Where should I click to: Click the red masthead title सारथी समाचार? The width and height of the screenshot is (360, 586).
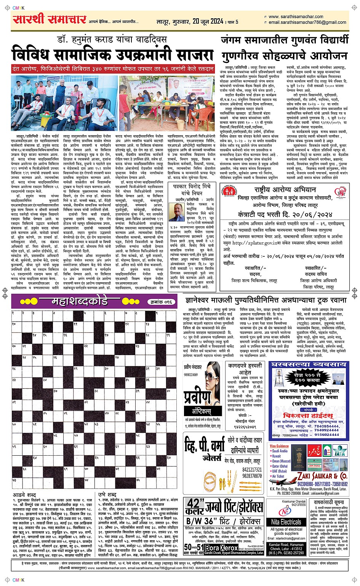coord(50,19)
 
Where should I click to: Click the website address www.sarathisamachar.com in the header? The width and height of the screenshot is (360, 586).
coord(296,17)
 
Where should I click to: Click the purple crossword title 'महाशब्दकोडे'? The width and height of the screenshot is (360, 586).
coord(80,302)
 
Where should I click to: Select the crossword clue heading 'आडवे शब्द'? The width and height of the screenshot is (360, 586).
coord(24,495)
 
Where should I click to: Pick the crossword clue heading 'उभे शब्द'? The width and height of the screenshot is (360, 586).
coord(107,495)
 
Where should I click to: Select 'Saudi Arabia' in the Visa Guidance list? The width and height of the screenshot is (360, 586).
coord(280,451)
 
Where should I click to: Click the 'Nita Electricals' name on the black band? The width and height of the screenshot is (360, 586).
coord(286,522)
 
